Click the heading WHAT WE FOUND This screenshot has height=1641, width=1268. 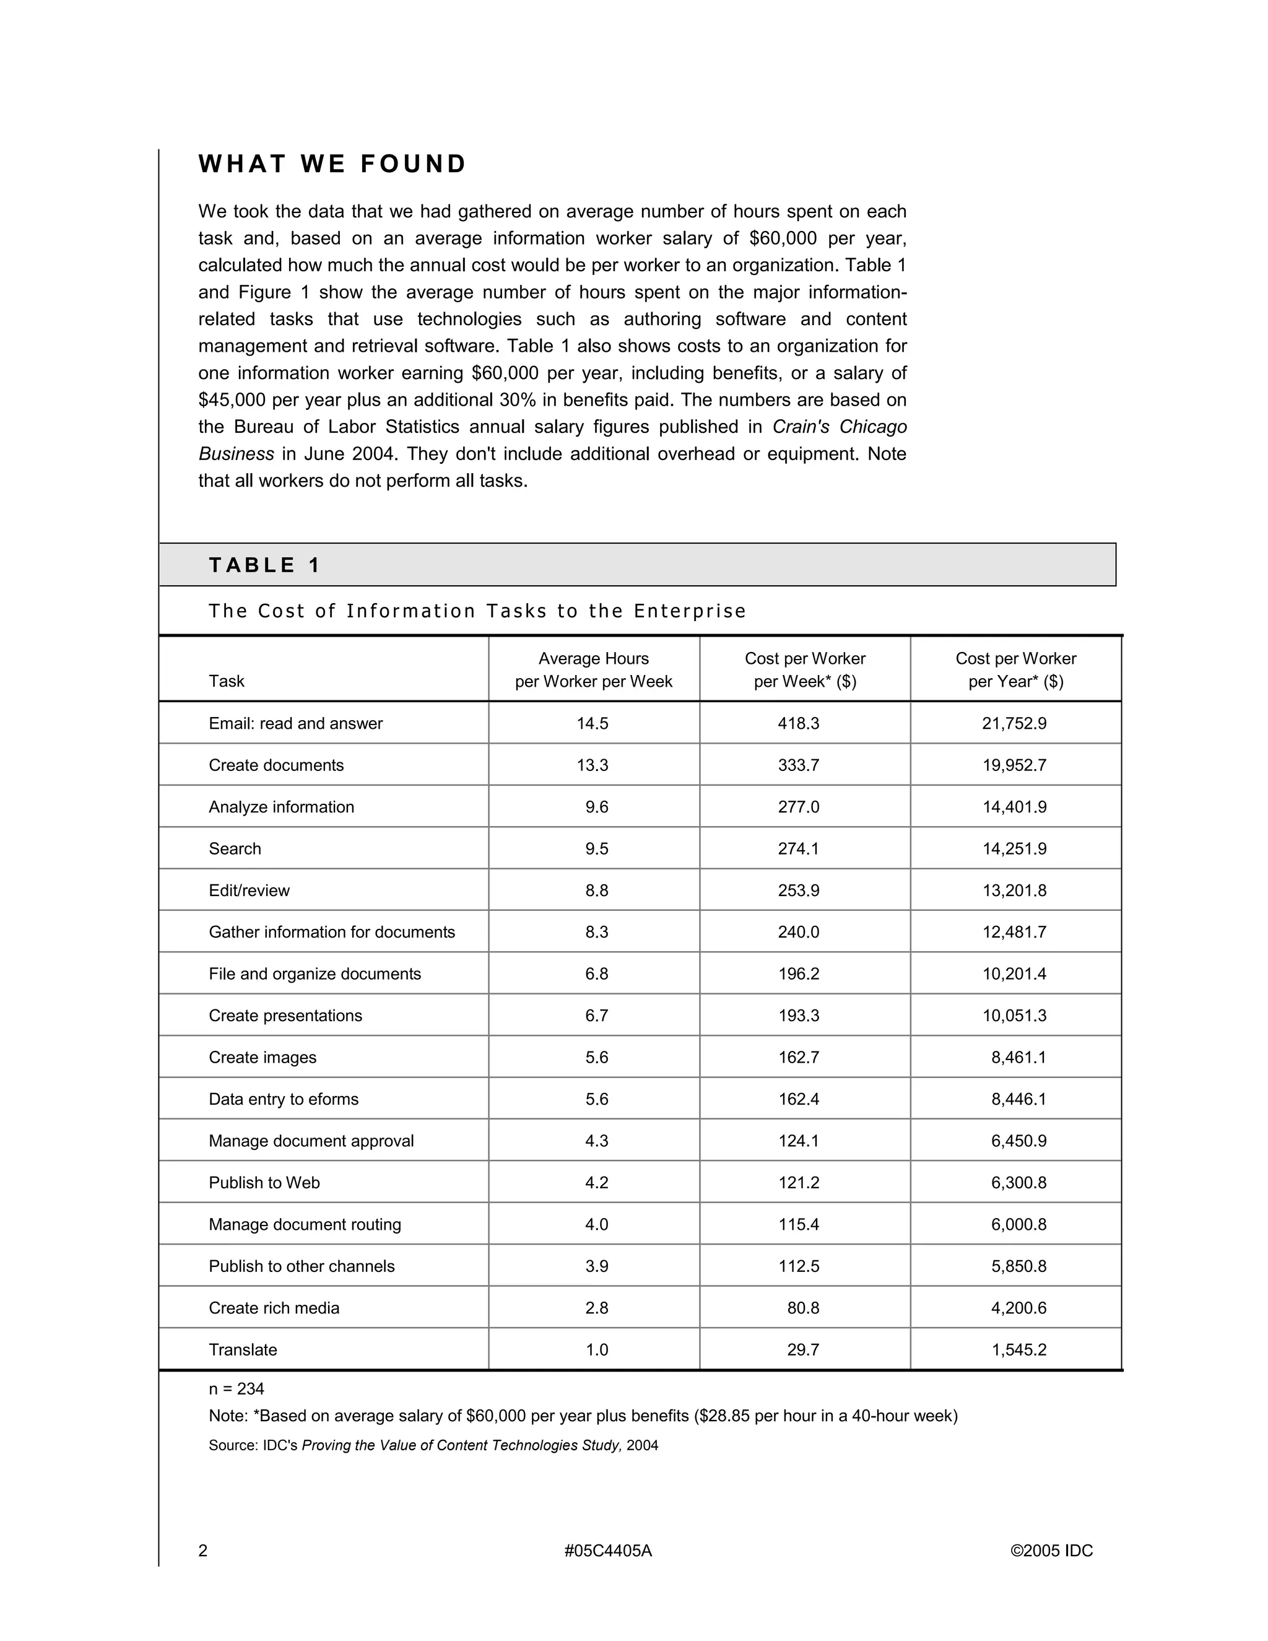(x=332, y=164)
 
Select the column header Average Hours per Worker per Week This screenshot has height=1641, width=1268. (x=593, y=669)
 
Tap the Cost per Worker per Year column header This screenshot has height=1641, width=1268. (x=1015, y=669)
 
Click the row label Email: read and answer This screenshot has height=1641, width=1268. (x=295, y=723)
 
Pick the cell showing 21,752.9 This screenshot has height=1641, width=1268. (x=1014, y=723)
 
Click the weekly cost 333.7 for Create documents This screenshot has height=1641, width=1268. (x=799, y=765)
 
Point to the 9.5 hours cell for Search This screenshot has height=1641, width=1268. (x=596, y=848)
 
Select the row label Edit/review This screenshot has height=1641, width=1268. (x=249, y=890)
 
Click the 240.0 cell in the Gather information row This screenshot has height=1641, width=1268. (x=799, y=932)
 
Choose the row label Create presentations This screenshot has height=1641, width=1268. (x=285, y=1015)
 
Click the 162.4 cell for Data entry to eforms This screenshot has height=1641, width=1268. (x=799, y=1099)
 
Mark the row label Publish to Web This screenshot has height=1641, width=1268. (x=264, y=1183)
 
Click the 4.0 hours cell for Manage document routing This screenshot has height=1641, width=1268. (x=596, y=1224)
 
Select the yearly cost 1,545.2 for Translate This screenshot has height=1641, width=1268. (x=1018, y=1349)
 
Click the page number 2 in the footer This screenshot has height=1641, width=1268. (x=203, y=1551)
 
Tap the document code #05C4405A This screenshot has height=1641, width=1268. (x=608, y=1551)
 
